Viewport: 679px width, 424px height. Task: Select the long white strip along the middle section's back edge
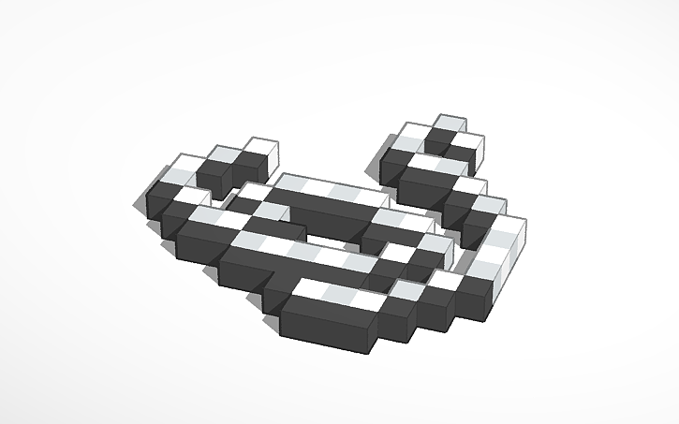pos(328,192)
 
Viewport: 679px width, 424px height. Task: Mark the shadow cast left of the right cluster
pos(375,168)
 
